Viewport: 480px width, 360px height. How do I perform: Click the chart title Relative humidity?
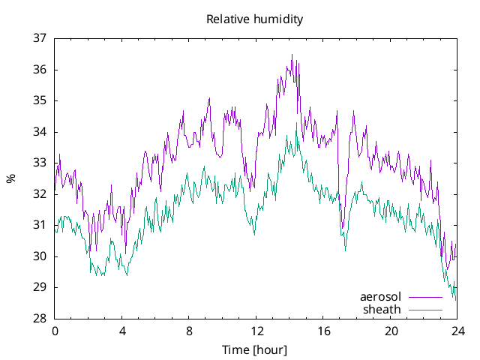tap(255, 19)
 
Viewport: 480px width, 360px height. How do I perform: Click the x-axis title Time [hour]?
tap(255, 349)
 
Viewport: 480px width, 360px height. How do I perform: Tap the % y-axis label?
tap(10, 178)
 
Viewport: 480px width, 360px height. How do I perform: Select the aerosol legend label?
tap(381, 296)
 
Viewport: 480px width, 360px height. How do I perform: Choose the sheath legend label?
tap(382, 309)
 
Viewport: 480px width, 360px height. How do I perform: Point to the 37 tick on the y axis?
tap(40, 38)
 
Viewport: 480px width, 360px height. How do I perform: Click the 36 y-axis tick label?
tap(40, 70)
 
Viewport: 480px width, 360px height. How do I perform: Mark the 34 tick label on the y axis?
tap(40, 132)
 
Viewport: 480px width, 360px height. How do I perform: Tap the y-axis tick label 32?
tap(40, 194)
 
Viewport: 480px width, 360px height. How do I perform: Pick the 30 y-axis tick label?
tap(40, 256)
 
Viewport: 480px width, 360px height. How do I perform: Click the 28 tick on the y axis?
tap(40, 319)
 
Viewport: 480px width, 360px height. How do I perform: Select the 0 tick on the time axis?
tap(55, 331)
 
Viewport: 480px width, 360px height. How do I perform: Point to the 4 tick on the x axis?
tap(122, 331)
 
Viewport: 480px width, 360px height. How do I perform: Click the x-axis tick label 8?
tap(189, 331)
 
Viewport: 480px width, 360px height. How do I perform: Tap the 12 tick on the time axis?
tap(256, 331)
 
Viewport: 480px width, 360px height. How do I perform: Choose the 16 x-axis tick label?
tap(323, 331)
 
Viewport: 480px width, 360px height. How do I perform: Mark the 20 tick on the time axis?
tap(391, 331)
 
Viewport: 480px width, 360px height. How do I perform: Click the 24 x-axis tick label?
tap(457, 331)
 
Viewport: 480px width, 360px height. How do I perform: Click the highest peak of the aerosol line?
tap(292, 55)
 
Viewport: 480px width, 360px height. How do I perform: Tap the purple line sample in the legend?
tap(425, 297)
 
